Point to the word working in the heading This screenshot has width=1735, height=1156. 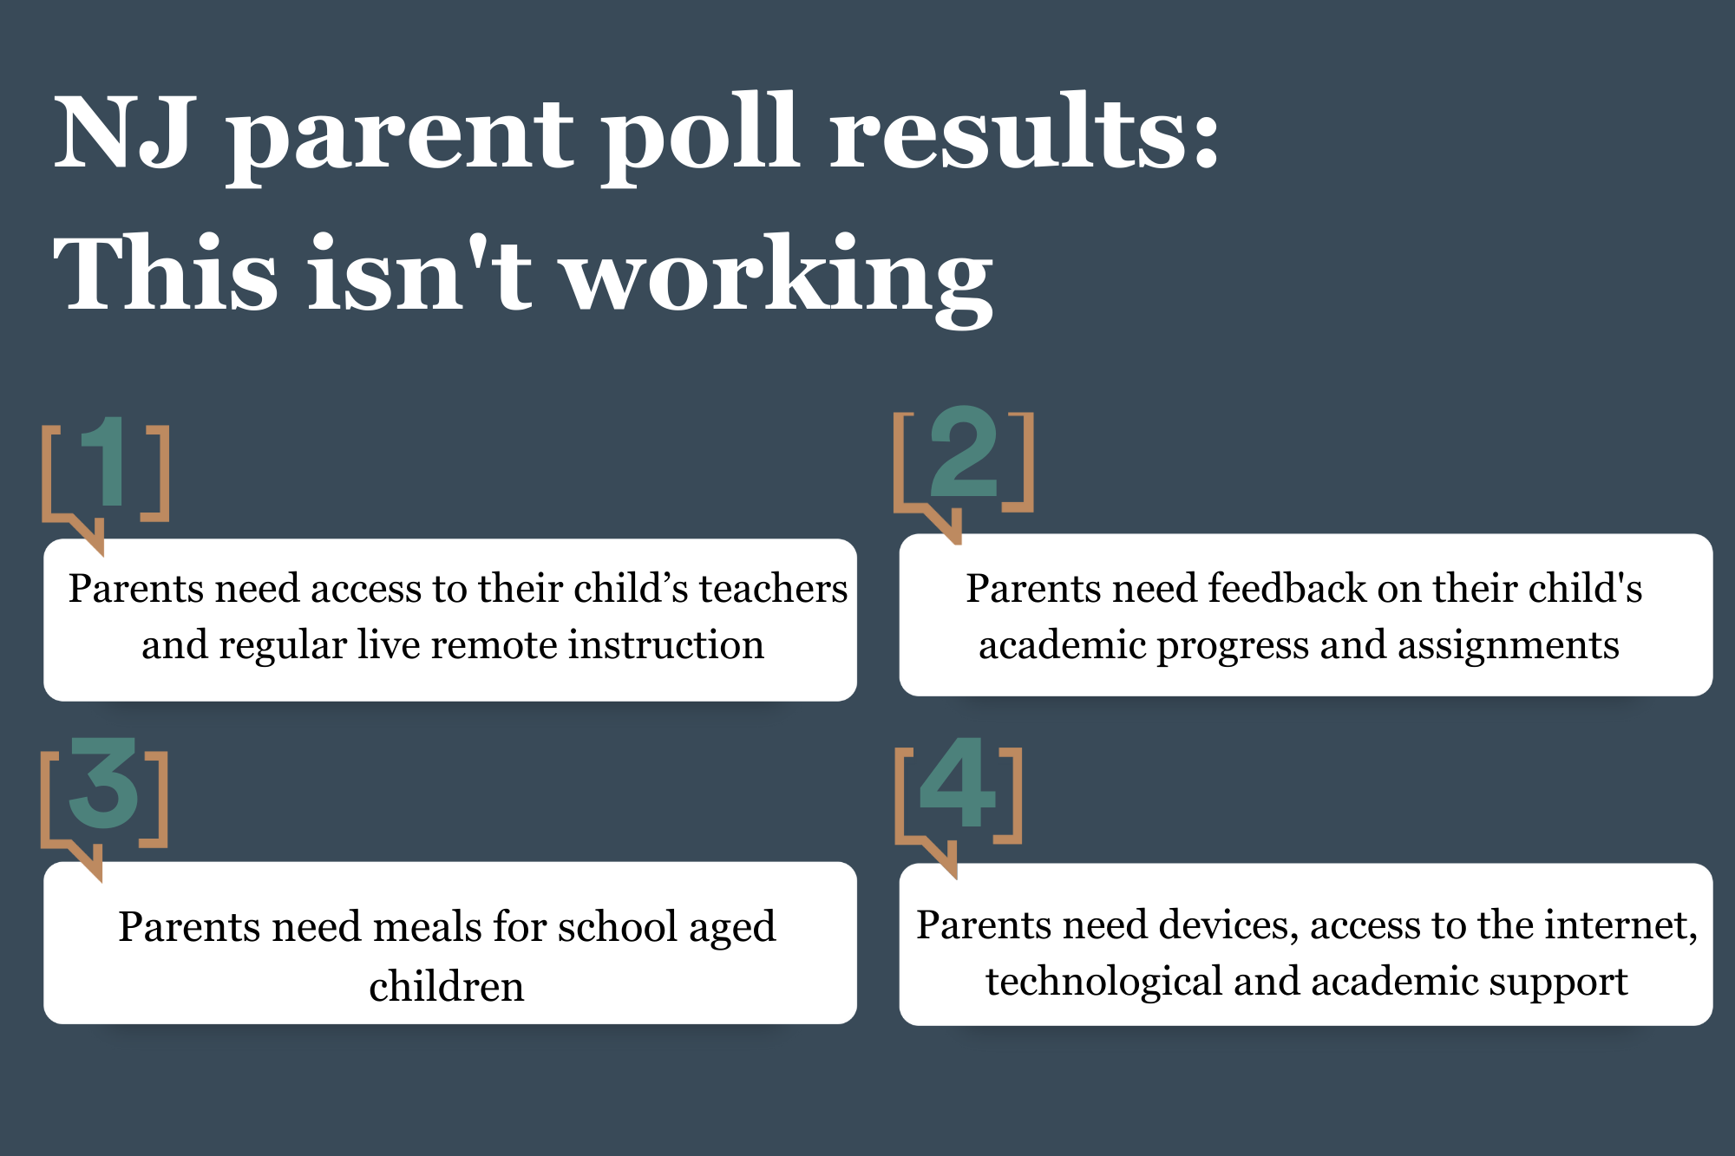pyautogui.click(x=778, y=279)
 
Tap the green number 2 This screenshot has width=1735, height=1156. pyautogui.click(x=963, y=452)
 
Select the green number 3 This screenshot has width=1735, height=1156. pyautogui.click(x=103, y=782)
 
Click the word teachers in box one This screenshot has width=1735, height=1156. pyautogui.click(x=773, y=589)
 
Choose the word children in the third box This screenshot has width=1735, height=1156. pyautogui.click(x=447, y=986)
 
